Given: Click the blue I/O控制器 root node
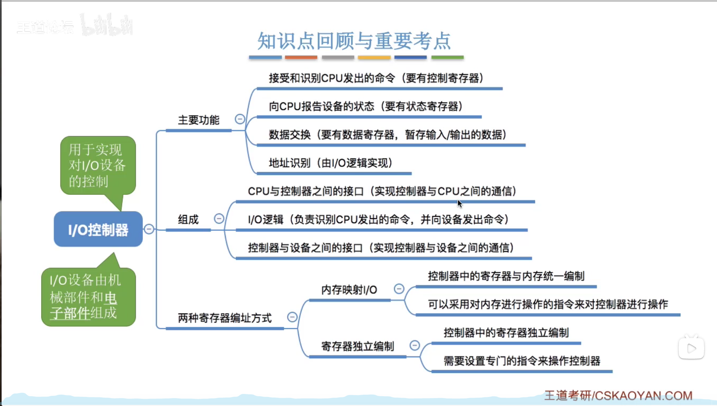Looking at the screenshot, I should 98,230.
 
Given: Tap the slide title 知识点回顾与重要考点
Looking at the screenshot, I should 354,41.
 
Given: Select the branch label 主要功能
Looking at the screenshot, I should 198,120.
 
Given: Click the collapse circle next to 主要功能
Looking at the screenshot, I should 240,119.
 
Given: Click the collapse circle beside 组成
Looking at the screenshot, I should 219,219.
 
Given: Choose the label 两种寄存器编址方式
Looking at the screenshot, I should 225,318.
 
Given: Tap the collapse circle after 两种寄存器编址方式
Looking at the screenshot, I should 292,317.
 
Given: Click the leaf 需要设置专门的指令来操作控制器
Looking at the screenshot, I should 522,361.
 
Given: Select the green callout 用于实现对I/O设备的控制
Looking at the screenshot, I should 97,166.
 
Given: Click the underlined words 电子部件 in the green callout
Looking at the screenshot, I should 85,306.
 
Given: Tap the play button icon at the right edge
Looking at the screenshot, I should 691,348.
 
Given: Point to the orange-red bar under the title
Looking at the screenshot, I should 301,58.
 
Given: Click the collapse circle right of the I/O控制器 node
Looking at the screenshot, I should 149,229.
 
